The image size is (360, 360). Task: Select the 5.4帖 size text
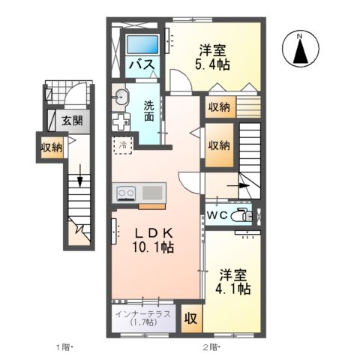(214, 64)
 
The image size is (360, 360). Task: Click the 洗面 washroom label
(149, 110)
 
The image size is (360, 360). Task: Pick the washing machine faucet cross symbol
(121, 121)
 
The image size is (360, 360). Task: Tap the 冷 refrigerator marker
(121, 144)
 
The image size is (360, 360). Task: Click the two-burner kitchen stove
(126, 192)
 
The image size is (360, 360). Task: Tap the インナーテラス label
(143, 313)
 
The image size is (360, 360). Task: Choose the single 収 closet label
(191, 318)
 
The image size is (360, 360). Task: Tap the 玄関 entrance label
(72, 120)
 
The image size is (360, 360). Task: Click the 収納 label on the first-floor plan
(51, 147)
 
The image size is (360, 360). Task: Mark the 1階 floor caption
(63, 346)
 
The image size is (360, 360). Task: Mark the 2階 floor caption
(210, 346)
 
